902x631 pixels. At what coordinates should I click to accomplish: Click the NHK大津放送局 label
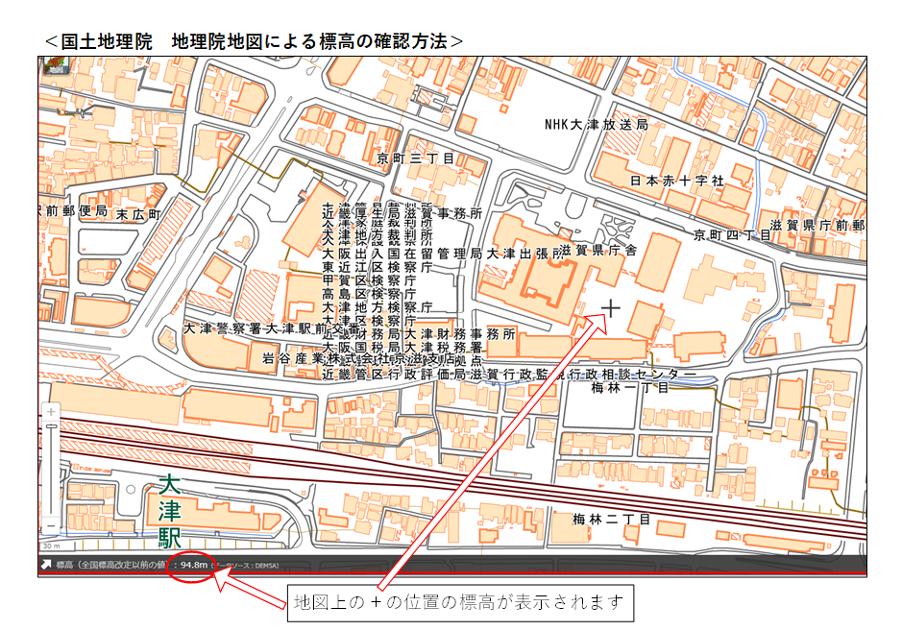click(597, 125)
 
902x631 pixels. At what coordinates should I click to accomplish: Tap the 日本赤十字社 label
click(677, 181)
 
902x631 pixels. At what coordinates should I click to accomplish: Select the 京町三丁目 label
click(416, 158)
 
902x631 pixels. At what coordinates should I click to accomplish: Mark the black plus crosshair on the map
click(610, 307)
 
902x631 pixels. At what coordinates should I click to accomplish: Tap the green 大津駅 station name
click(170, 510)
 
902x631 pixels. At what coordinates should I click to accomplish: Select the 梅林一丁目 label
click(629, 387)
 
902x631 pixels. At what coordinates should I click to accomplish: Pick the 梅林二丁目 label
click(611, 520)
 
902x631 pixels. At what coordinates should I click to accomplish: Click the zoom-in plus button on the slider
click(51, 412)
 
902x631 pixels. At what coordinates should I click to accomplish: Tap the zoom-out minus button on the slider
click(51, 525)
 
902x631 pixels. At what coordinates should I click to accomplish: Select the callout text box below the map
click(460, 603)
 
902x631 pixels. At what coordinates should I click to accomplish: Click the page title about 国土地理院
click(255, 41)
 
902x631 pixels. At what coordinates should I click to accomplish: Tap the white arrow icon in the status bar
click(45, 565)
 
